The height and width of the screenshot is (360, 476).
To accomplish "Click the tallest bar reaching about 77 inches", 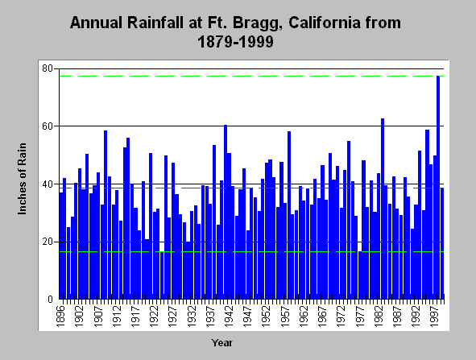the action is pos(438,188).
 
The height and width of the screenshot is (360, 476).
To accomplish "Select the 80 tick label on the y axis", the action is pos(48,68).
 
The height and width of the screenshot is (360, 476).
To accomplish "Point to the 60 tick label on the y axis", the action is pos(48,126).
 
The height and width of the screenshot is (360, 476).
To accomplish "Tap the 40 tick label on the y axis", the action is pos(48,184).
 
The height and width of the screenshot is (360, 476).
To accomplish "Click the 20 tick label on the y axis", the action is pos(48,242).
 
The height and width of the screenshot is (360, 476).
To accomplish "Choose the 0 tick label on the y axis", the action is pos(50,300).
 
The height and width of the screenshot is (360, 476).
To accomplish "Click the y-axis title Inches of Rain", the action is pos(23,179).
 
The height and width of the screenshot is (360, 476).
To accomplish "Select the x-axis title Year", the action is pos(222,343).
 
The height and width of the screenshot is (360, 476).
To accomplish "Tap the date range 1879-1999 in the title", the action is pos(235,42).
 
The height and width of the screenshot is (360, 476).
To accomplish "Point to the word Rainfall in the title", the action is pos(155,23).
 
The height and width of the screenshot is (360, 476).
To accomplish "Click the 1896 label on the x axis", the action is pos(61,317).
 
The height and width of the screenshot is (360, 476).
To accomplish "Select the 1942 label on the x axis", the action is pos(229,317).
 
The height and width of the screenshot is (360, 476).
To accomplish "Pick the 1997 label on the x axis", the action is pos(435,317).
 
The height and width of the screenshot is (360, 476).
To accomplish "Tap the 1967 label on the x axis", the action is pos(322,317).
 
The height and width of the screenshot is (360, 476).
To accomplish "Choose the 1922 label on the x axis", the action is pos(154,317).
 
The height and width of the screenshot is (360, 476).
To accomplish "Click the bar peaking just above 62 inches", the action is pos(383,209).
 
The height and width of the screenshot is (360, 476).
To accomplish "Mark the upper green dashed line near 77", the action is pos(251,76).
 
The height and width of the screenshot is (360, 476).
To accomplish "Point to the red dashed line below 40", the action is pos(251,188).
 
